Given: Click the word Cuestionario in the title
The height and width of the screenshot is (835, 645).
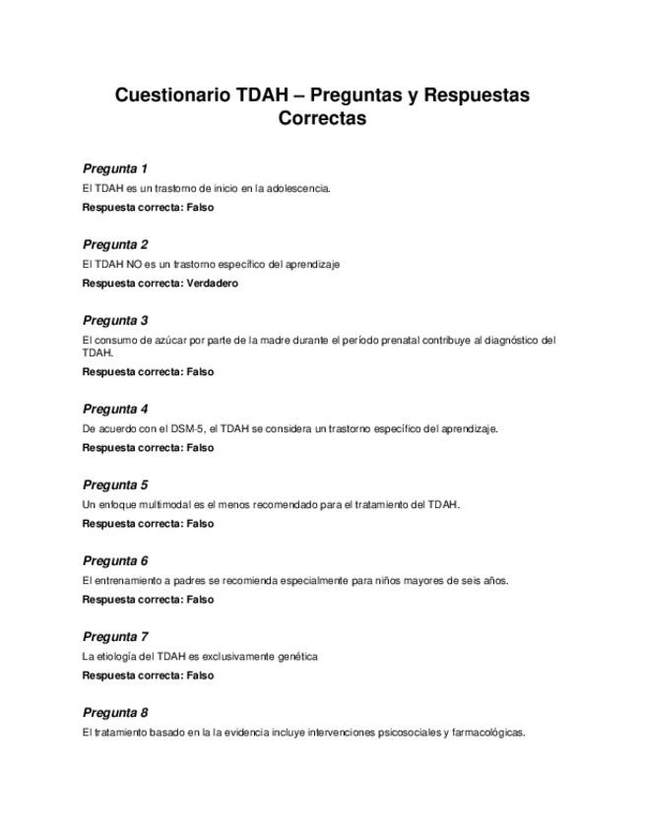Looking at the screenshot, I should coord(172,96).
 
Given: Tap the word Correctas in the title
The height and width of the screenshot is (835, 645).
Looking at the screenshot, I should coord(322,118).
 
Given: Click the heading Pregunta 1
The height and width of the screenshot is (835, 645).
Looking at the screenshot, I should coord(115,168).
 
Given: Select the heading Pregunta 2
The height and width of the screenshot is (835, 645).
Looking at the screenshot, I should coord(115,244).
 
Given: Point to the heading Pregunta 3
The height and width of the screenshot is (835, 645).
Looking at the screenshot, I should coord(115,320).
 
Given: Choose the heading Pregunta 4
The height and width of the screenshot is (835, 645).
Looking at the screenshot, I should coord(115,409).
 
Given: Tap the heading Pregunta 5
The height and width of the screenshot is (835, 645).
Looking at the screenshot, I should coord(115,484).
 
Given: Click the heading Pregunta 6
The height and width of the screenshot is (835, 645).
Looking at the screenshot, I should coord(115,560).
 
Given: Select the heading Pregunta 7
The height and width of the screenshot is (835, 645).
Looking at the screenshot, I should coord(115,636).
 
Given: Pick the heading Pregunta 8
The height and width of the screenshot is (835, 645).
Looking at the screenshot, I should coord(115,712).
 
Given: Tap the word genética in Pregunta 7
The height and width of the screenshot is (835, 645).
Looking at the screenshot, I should coord(296,657).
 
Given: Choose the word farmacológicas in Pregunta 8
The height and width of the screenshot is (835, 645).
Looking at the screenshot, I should coord(488,733).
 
